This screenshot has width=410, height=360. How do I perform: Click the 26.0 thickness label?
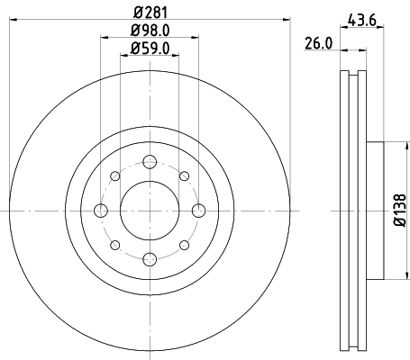tap(319, 43)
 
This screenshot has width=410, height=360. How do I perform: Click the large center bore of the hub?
tap(149, 211)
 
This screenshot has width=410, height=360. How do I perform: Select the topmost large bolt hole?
tap(149, 163)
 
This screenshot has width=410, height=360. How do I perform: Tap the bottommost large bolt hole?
tap(149, 259)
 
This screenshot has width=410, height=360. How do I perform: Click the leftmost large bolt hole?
tap(101, 211)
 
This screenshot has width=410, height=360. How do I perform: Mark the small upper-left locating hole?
tap(114, 176)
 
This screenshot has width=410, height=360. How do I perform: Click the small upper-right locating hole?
tap(183, 176)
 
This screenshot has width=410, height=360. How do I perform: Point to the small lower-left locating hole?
tap(114, 245)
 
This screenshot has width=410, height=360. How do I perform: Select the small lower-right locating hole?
tap(183, 245)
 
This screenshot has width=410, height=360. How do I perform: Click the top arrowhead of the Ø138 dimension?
tap(385, 148)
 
